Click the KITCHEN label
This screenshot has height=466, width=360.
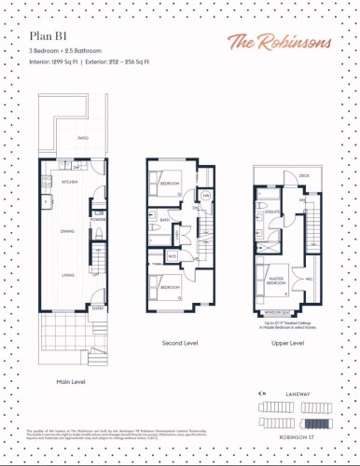(x=69, y=183)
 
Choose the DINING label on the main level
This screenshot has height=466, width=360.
(x=68, y=230)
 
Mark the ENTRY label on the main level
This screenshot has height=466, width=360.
(x=97, y=307)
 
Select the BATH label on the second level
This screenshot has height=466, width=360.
(x=164, y=221)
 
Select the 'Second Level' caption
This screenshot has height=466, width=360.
(x=182, y=343)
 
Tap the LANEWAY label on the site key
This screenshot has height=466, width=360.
(x=320, y=394)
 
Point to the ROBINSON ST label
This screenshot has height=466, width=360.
(x=316, y=436)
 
